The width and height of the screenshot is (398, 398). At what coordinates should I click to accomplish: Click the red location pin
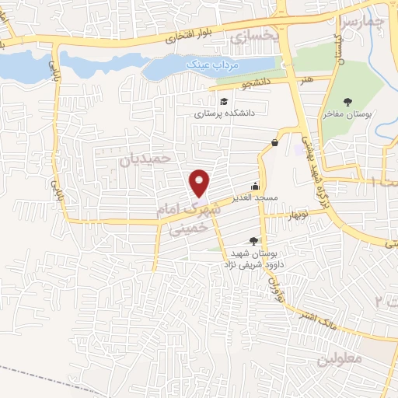[201, 183]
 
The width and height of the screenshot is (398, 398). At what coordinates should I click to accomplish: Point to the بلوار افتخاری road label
[190, 35]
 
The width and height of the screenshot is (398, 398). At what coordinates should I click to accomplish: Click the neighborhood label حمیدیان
[144, 159]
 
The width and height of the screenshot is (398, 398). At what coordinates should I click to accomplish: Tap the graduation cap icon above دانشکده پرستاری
[224, 102]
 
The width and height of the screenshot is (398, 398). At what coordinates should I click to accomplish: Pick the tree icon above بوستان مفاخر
[347, 102]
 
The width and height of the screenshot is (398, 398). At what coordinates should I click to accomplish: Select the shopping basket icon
[275, 142]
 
